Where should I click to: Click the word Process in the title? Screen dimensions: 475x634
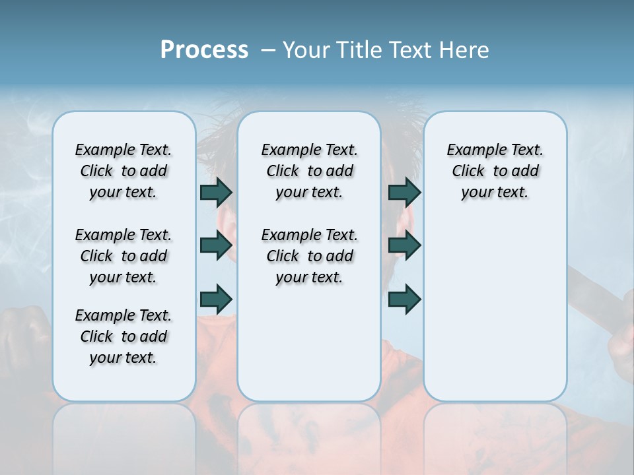[x=204, y=50]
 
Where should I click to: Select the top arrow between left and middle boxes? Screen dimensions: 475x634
[x=216, y=192]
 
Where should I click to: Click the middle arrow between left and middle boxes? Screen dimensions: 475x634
[x=216, y=245]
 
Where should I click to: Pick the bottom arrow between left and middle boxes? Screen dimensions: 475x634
[x=216, y=298]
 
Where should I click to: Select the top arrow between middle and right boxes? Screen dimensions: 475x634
[x=404, y=192]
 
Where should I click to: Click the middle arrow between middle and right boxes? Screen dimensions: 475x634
[x=404, y=245]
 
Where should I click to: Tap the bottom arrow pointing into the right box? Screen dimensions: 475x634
[x=404, y=298]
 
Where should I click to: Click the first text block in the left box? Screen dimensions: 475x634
[x=123, y=171]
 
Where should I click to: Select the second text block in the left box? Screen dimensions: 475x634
[x=123, y=256]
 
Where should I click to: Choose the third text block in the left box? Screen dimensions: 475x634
[x=123, y=336]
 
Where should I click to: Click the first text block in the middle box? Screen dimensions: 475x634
[x=309, y=171]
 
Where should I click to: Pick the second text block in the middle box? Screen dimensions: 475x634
[x=309, y=256]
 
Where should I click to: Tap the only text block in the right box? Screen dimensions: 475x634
[x=495, y=171]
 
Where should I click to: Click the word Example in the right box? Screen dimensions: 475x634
[x=472, y=150]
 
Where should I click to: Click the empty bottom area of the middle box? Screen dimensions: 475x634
[x=309, y=350]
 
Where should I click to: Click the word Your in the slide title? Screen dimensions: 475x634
[x=306, y=50]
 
